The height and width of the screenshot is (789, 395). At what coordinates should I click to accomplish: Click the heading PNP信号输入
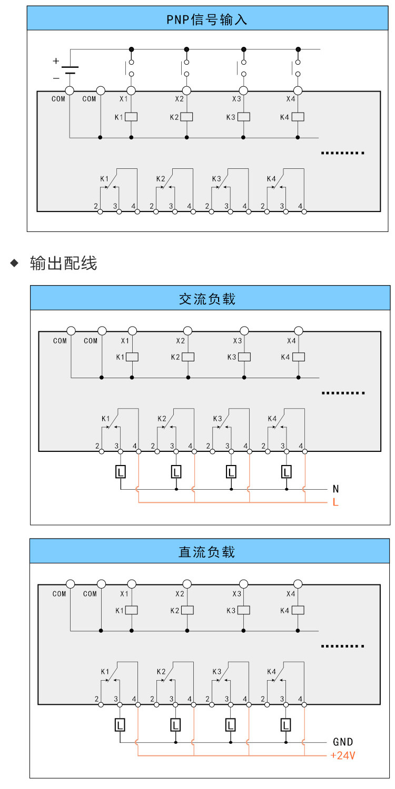[x=207, y=20]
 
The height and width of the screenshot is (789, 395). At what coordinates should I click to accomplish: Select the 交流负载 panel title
[x=207, y=299]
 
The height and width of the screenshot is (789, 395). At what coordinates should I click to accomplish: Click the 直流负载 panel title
[x=207, y=552]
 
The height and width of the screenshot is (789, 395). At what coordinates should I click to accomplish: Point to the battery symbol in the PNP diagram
[x=70, y=70]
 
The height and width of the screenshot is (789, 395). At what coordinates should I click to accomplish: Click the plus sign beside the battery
[x=56, y=61]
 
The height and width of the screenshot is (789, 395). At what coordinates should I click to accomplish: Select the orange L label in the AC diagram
[x=335, y=502]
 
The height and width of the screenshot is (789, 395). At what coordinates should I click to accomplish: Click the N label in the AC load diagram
[x=335, y=489]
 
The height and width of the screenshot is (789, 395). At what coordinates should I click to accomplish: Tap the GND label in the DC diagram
[x=343, y=742]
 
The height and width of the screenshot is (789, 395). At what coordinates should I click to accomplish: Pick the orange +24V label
[x=342, y=756]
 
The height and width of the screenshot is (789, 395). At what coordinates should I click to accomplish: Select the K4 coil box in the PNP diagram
[x=298, y=117]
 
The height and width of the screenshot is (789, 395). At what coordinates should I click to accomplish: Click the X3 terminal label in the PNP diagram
[x=236, y=99]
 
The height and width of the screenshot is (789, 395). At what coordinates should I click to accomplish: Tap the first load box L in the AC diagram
[x=121, y=472]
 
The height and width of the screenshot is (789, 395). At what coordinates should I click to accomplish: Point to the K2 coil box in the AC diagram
[x=188, y=357]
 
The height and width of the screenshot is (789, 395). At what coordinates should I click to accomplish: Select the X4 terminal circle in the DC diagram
[x=298, y=584]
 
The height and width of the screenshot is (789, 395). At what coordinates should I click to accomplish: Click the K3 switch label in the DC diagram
[x=216, y=672]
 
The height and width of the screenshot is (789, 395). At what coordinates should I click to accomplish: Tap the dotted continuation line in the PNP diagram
[x=343, y=153]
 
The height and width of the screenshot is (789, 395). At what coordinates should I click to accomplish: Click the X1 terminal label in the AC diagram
[x=125, y=341]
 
